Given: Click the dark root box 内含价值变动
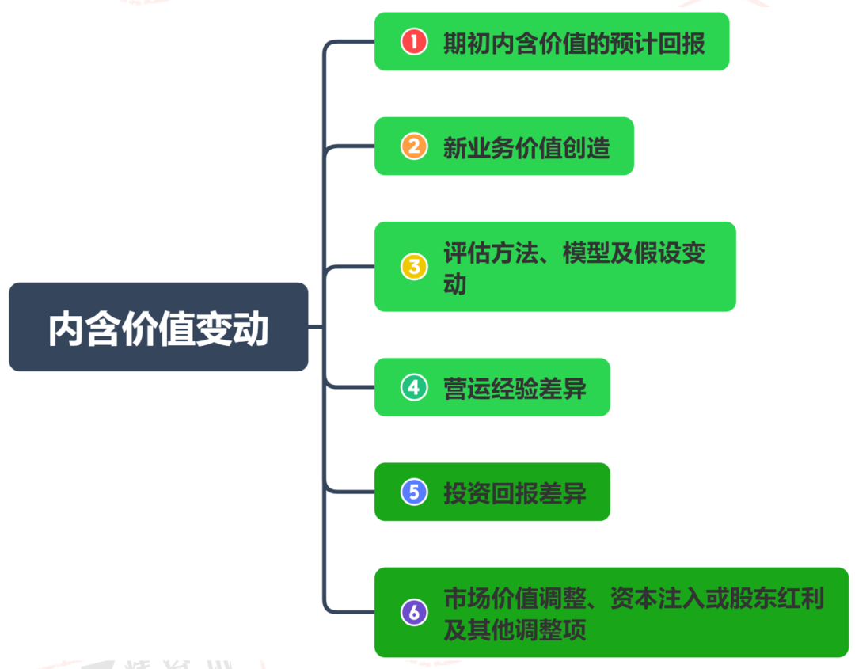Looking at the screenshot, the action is pos(158,327).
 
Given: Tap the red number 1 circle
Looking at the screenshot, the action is pos(414,41).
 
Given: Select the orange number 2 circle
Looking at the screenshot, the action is pos(414,146).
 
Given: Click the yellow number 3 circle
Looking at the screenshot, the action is pos(414,267).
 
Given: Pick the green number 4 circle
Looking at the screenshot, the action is pos(414,387).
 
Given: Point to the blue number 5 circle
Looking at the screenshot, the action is pos(414,492).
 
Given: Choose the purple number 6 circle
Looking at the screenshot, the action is pos(414,612).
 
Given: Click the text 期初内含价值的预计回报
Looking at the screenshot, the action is pos(574,43).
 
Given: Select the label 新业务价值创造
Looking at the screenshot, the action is pos(526,148).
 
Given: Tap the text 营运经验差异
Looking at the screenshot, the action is pos(515,389).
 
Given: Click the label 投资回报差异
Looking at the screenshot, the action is pos(515,493).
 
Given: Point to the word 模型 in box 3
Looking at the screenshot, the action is pos(586,253).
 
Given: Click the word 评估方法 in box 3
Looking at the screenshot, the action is pos(490,253).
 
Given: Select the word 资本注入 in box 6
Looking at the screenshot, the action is pos(657,599).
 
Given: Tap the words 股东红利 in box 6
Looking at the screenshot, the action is pos(777,599).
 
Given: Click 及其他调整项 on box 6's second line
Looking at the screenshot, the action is pos(515,629).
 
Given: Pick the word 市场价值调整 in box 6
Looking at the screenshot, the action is pos(515,599).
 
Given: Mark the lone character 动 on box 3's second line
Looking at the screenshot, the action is pos(454,284).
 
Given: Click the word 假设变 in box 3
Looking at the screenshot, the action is pos(670,253).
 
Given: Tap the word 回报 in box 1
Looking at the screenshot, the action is pos(682,43).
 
